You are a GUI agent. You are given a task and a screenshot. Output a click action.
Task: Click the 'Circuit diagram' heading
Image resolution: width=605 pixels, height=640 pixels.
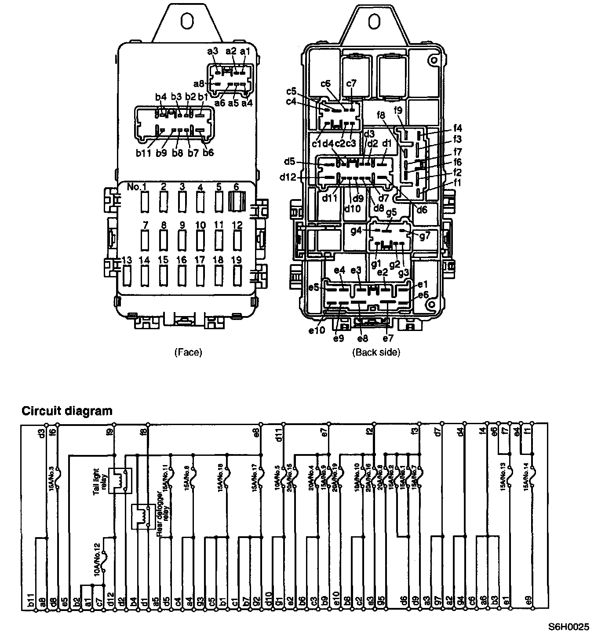[67, 411]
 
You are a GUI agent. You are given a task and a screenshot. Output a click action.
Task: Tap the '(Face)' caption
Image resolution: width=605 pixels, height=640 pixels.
[188, 352]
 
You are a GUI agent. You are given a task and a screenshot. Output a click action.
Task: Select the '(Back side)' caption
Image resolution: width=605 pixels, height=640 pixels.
[376, 352]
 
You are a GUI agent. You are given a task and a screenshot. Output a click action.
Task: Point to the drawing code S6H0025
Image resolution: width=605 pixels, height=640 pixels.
[568, 627]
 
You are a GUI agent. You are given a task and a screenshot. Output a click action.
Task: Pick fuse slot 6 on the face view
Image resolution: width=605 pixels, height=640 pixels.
[237, 202]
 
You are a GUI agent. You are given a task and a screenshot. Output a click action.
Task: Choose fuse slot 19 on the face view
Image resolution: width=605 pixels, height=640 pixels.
[237, 276]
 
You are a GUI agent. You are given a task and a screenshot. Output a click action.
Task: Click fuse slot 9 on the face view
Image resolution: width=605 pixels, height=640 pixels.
[182, 240]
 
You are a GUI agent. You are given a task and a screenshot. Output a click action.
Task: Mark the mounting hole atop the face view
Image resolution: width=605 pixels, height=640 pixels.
[187, 21]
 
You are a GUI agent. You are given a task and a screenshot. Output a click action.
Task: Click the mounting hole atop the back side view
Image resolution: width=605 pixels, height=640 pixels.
[375, 21]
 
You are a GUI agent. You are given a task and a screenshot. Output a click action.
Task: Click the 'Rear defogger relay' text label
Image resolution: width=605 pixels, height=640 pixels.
[163, 519]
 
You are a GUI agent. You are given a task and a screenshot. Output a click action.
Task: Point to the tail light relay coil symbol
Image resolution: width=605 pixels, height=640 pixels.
[120, 480]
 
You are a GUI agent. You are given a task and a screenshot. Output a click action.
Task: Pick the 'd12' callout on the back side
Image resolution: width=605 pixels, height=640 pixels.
[288, 177]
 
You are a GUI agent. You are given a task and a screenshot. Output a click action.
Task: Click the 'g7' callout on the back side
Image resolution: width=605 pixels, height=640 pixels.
[425, 236]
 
